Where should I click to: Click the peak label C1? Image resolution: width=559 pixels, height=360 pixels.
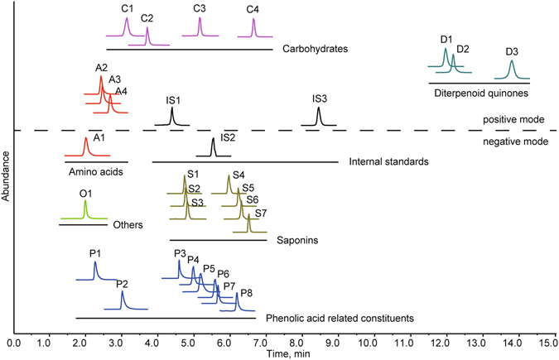[127, 9]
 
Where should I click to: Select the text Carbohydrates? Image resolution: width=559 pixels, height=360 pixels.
[314, 49]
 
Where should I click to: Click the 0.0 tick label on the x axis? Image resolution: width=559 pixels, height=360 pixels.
[14, 341]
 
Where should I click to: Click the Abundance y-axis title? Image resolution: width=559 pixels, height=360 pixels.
[6, 199]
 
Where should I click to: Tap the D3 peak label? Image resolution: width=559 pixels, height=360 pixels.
[512, 52]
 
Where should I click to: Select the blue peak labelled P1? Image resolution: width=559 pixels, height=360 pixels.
[95, 270]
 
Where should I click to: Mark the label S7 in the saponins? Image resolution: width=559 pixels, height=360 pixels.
[260, 214]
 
